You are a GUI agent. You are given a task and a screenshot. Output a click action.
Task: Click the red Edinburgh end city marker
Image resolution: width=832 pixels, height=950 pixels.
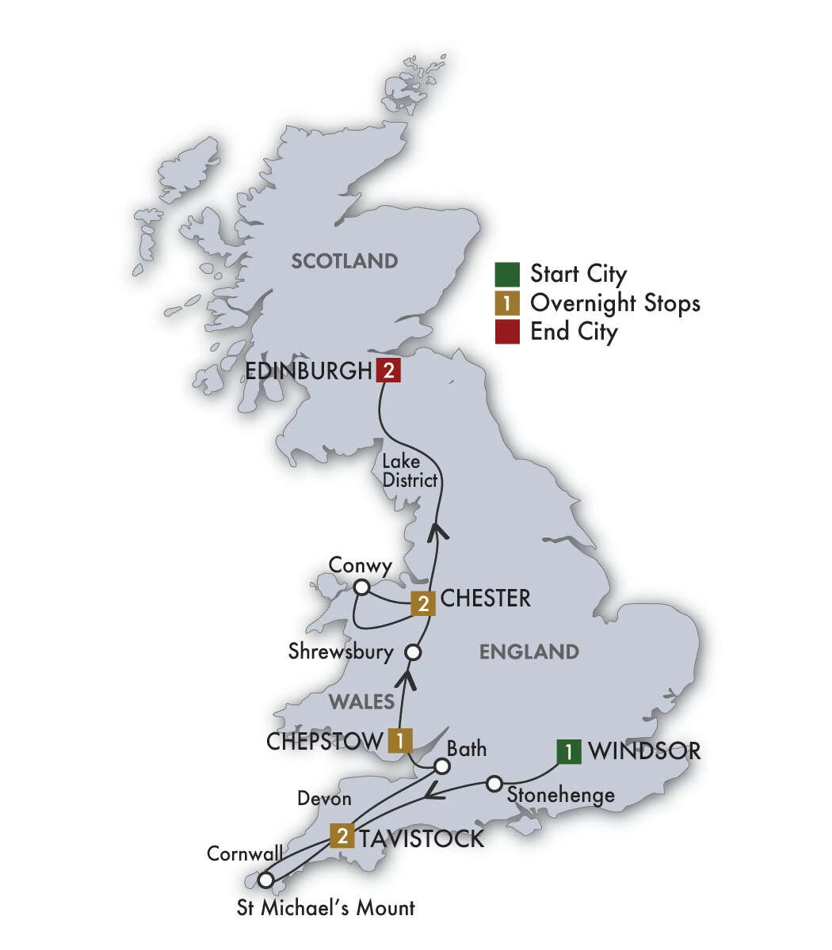[388, 370]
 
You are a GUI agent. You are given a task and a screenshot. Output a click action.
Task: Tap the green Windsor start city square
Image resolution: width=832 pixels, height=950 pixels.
[568, 750]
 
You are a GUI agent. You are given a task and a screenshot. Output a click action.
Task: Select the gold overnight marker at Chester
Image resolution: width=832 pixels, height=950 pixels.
[423, 605]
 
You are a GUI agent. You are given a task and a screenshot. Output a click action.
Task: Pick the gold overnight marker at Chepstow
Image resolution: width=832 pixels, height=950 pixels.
[400, 741]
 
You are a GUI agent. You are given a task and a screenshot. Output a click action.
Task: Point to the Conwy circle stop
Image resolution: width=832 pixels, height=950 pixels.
[361, 587]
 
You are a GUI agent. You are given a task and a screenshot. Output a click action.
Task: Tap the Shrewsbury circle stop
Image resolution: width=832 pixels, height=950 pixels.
[413, 653]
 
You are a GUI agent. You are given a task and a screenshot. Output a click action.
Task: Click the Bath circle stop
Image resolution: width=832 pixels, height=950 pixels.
[442, 767]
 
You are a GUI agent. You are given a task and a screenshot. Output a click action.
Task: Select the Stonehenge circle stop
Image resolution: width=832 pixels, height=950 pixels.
[494, 784]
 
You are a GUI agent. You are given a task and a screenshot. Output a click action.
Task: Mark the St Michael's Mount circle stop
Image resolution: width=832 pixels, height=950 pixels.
[266, 880]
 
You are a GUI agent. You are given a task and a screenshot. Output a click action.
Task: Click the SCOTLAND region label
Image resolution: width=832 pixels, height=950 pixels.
[344, 260]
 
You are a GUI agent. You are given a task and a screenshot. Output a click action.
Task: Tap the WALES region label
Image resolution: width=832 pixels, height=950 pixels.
[361, 701]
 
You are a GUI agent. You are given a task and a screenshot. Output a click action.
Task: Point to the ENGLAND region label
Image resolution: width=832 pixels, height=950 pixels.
[529, 652]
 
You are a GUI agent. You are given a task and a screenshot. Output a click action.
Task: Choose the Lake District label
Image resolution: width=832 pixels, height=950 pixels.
[409, 469]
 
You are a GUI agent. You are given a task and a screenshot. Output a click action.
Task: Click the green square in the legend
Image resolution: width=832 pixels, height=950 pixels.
[507, 274]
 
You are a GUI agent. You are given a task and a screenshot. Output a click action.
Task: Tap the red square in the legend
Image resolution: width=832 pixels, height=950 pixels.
[507, 331]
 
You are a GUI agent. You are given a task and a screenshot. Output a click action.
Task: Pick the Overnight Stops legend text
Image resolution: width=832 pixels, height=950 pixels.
[615, 302]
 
